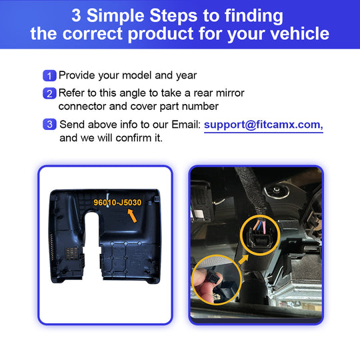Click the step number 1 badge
(49, 76)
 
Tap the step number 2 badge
(49, 93)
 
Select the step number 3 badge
(49, 125)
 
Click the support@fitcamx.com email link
(263, 125)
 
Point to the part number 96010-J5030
(117, 203)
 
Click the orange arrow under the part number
(133, 215)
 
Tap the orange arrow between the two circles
(243, 259)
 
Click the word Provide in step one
(77, 75)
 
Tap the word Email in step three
(186, 125)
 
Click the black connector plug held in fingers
(214, 279)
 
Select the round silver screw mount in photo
(277, 190)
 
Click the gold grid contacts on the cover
(71, 253)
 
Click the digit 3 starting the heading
(76, 15)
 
